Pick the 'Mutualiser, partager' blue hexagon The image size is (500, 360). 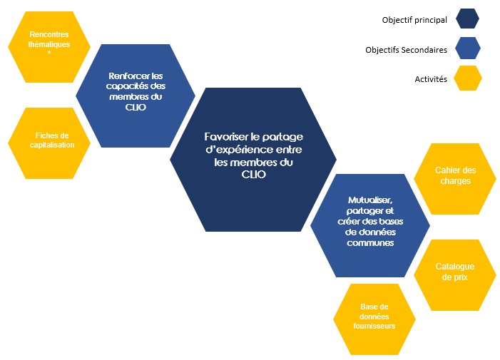click(x=369, y=221)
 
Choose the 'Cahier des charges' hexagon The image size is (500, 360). click(x=455, y=175)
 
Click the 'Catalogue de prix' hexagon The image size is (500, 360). click(x=455, y=272)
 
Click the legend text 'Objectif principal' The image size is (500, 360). click(x=414, y=20)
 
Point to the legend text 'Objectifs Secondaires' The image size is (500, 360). click(x=406, y=50)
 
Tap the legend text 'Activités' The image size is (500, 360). click(x=429, y=79)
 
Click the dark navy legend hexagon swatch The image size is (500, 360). click(x=466, y=19)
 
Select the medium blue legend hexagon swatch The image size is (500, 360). click(x=466, y=49)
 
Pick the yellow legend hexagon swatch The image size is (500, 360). click(x=466, y=78)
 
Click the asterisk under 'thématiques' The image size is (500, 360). click(x=49, y=52)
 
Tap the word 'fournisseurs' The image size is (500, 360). click(x=374, y=325)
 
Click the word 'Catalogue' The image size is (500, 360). click(x=455, y=267)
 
